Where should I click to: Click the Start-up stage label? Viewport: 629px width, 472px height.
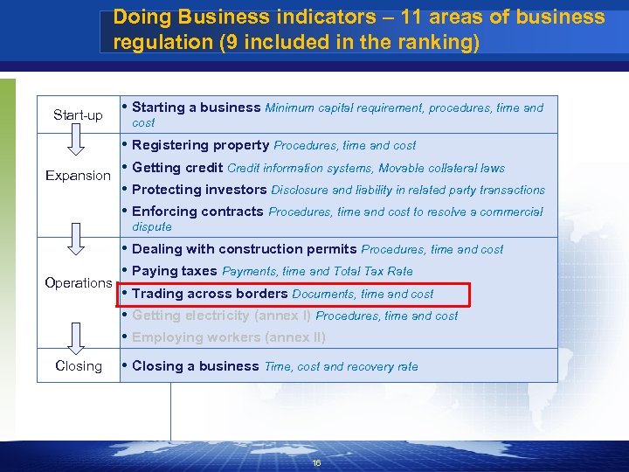coord(78,115)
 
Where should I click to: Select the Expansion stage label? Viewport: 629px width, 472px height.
coord(78,176)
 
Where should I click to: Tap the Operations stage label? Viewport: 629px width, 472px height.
coord(78,283)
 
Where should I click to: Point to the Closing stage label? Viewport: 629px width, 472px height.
coord(78,366)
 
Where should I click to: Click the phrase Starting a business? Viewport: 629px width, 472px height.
coord(196,108)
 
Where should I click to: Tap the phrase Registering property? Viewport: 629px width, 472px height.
coord(200,145)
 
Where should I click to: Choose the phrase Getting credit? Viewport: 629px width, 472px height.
coord(177,168)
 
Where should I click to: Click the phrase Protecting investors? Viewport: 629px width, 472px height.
coord(199,190)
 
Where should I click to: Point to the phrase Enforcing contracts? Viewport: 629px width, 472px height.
coord(197,212)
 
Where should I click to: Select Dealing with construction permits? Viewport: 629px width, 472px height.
coord(244,249)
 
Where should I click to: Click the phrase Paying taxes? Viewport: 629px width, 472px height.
coord(175,271)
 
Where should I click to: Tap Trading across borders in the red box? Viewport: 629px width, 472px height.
coord(210,294)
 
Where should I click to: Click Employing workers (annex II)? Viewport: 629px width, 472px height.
coord(228,337)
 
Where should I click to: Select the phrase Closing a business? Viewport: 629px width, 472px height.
coord(196,366)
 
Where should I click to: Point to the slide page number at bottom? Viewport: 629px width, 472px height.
coord(316,463)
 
